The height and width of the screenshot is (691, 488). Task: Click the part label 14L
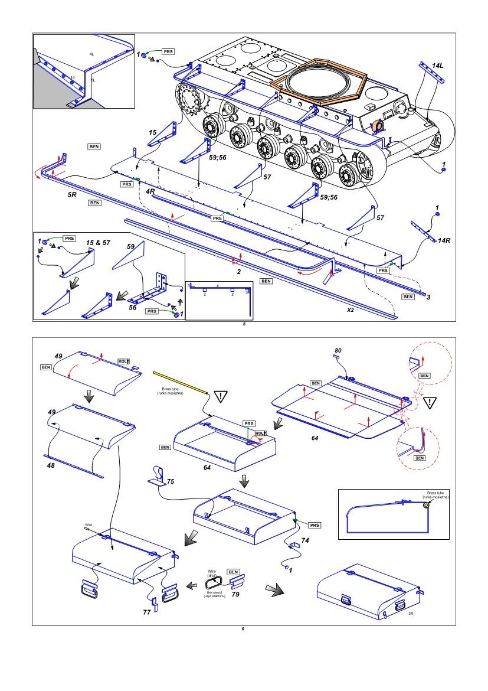(437, 65)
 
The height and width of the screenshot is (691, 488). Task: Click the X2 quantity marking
(350, 309)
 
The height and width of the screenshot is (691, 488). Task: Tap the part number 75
(170, 482)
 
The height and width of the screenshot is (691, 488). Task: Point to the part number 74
(305, 540)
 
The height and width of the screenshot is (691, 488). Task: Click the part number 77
(146, 612)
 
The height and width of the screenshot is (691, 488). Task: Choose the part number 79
(235, 594)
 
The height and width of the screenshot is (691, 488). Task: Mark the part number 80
(338, 350)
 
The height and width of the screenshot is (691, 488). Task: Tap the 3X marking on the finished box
(411, 614)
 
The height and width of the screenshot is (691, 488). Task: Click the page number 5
(244, 324)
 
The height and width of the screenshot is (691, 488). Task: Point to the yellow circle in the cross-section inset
(425, 505)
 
